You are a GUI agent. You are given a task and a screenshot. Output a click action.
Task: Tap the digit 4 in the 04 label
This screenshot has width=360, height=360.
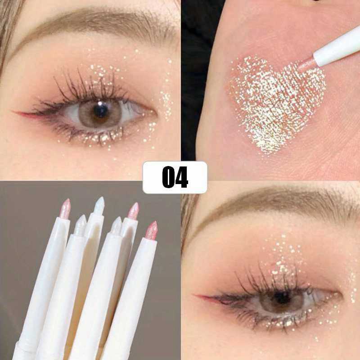pyautogui.click(x=181, y=177)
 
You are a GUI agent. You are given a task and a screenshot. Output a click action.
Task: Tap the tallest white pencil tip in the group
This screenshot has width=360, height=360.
pyautogui.click(x=99, y=205)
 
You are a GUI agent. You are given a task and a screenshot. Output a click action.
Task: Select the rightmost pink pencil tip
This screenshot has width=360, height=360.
pyautogui.click(x=152, y=229)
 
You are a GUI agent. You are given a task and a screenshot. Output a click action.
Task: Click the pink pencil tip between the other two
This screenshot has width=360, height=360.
pyautogui.click(x=133, y=211)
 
